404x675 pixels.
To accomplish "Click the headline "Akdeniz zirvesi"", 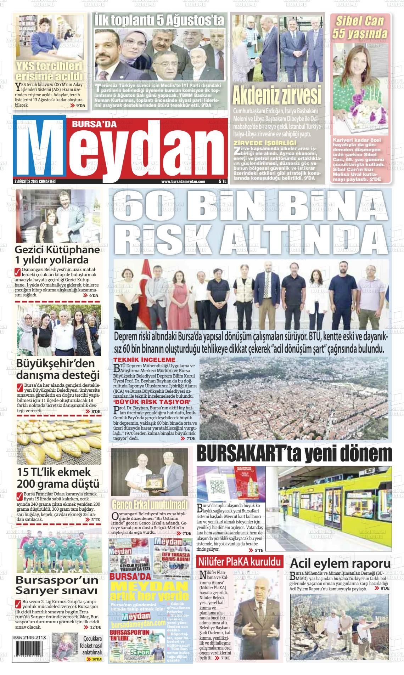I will (276, 95).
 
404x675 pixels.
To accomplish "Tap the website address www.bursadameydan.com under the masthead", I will (183, 181).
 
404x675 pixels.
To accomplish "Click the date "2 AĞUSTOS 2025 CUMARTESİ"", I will (35, 181).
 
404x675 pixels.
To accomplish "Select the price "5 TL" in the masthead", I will (222, 181).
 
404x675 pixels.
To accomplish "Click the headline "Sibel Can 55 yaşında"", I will (359, 27).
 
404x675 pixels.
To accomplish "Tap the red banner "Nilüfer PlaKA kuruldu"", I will (240, 562).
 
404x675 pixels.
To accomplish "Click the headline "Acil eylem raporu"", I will (340, 563).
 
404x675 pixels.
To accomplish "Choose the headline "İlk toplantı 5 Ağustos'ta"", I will (159, 20).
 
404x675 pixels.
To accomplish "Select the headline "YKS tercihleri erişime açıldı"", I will (49, 71).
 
